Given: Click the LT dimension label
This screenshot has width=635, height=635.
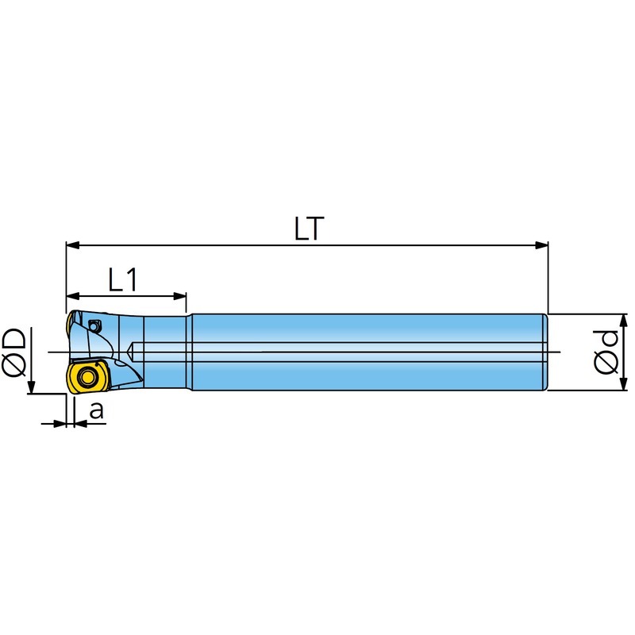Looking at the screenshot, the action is [x=310, y=229].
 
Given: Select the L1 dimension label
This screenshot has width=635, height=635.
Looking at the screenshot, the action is [x=124, y=280].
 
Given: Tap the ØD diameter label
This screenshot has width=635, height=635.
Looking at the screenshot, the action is [x=15, y=352].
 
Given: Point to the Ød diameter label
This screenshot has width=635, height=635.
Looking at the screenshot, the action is [x=606, y=352].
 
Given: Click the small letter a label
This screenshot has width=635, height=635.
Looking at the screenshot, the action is [x=96, y=410].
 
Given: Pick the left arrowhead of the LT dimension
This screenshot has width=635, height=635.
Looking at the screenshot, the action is [x=72, y=245].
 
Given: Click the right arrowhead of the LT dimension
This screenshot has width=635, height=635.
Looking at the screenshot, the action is [x=541, y=245].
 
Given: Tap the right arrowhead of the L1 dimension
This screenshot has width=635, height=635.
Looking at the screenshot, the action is [x=180, y=296].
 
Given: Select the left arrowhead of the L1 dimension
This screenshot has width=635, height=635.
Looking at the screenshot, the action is [x=72, y=296].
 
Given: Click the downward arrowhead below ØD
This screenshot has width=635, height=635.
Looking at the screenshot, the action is [x=31, y=387].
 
